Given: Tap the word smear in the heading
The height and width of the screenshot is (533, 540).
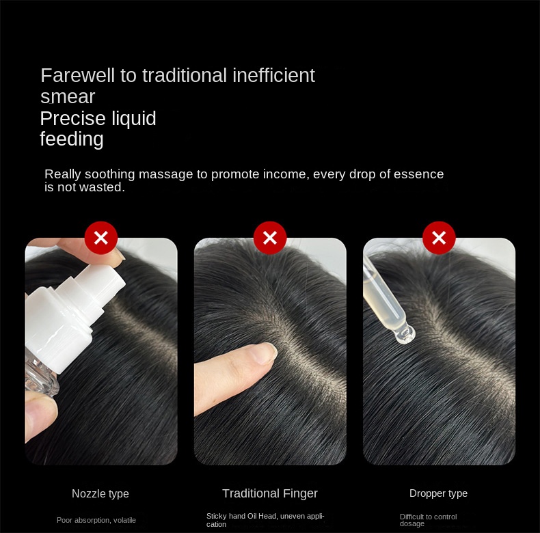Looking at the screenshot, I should click(67, 96).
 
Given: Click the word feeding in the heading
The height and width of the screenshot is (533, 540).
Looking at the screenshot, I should click(71, 139).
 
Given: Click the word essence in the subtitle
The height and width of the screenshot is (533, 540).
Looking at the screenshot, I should click(418, 174).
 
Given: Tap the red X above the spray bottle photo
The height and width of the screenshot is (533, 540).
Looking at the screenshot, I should click(101, 238).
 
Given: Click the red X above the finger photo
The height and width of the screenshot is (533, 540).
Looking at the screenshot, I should click(270, 238).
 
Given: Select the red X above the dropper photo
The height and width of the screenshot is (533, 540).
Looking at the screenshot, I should click(439, 238).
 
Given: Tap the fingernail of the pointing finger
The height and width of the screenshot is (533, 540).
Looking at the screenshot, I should click(265, 353).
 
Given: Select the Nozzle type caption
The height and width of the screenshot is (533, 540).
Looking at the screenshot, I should click(100, 493).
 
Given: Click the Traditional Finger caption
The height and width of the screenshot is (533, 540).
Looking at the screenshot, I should click(270, 493).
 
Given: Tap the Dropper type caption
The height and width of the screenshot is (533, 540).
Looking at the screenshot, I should click(438, 493).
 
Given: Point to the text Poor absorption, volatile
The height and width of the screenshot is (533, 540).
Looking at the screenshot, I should click(96, 520).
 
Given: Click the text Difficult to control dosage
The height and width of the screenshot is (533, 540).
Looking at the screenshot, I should click(428, 520).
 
